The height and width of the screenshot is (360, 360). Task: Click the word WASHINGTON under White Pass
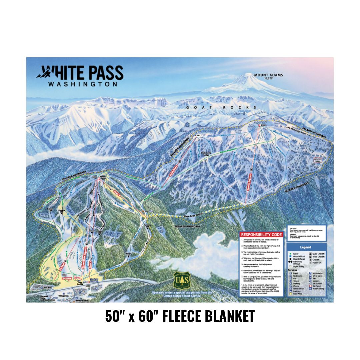83,84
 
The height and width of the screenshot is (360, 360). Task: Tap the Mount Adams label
268,75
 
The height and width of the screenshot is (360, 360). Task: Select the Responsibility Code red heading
262,235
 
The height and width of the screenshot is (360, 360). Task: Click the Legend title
306,247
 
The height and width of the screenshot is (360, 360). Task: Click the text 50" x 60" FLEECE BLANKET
180,316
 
